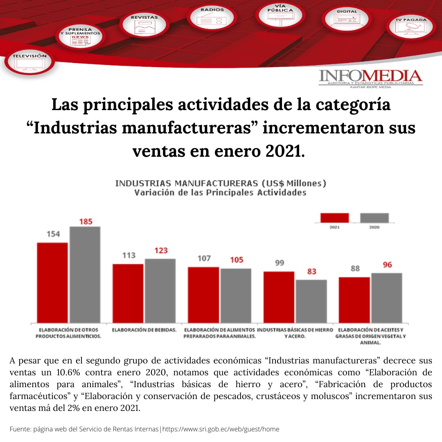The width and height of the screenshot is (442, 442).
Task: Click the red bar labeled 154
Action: coord(52,282)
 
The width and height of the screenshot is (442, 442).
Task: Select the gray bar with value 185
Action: coord(85,274)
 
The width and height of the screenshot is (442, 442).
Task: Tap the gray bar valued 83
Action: coord(311,301)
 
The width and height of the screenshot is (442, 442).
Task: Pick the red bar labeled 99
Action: coord(279,297)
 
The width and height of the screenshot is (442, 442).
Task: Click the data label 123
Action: coord(161,250)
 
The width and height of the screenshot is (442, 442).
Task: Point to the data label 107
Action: coord(203,259)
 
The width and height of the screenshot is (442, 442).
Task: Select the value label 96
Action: coord(387,265)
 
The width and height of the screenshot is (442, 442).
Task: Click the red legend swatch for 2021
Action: coord(334,217)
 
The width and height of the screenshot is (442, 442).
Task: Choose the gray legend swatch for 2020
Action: coord(374,217)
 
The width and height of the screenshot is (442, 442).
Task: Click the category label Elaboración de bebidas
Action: coord(144,329)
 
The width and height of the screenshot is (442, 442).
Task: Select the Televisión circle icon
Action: coord(29,62)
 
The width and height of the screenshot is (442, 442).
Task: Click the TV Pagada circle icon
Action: coord(410,27)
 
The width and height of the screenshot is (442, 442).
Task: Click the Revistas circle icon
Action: coord(144,25)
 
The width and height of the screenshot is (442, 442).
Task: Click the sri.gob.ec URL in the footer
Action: coord(221,429)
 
